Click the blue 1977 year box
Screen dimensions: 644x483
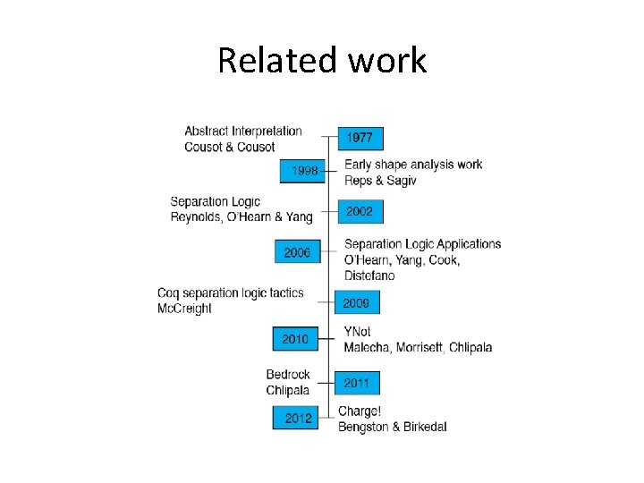point(360,138)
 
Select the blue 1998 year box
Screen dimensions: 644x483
point(301,170)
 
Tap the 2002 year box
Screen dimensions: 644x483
point(359,211)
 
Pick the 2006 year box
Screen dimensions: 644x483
point(297,253)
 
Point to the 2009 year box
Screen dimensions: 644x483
point(356,303)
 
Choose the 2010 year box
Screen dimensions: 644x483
point(295,339)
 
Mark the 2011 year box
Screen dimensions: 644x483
point(356,383)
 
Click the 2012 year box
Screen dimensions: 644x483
point(298,418)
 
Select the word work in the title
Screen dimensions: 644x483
point(386,61)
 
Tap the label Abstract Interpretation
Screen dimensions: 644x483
point(243,131)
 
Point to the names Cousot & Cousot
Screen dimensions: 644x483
point(230,147)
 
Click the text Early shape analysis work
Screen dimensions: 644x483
point(413,164)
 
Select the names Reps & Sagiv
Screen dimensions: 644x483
point(380,180)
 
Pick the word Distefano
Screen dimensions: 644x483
point(369,275)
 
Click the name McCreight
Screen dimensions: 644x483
point(185,309)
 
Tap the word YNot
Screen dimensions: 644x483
point(357,331)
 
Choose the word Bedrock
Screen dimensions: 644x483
point(288,375)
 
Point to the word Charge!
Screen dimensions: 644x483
point(360,411)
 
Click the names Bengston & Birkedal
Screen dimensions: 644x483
point(392,427)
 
